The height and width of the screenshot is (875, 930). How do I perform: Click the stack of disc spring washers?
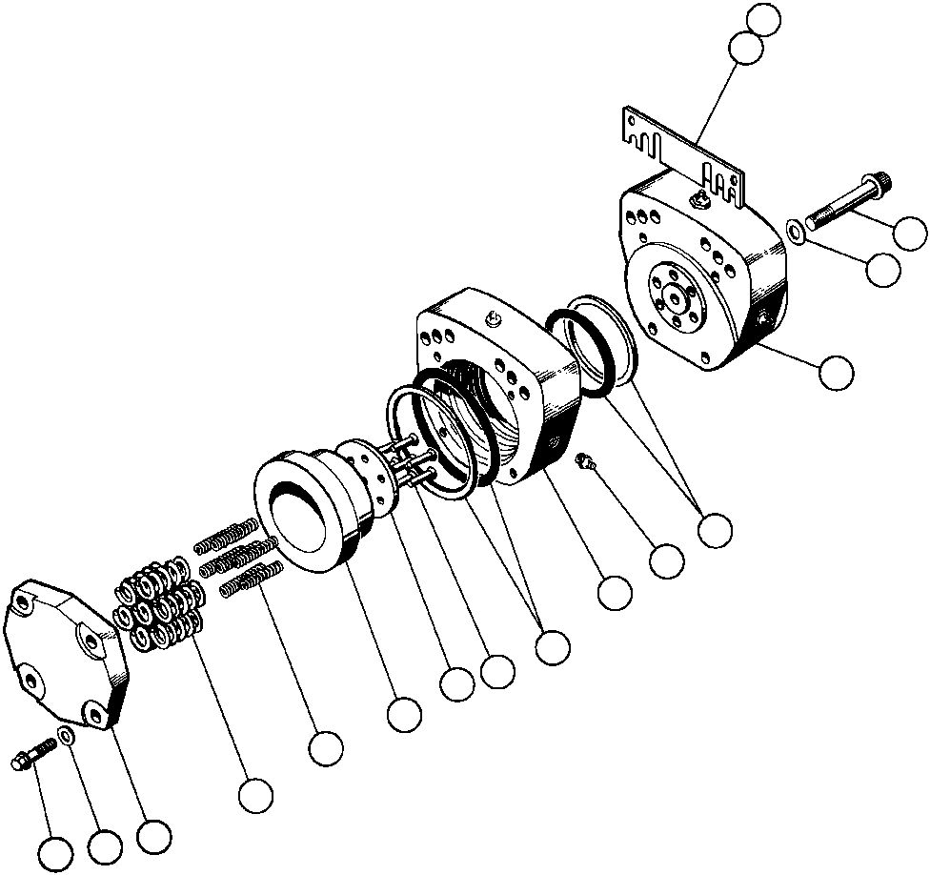pos(160,607)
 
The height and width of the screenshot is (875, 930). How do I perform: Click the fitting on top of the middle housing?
pos(494,318)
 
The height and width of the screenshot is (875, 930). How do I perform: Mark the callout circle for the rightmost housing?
pos(837,371)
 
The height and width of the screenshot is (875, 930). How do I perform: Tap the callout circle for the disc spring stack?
pos(255,795)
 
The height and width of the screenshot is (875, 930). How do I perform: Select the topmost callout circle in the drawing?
pos(764,18)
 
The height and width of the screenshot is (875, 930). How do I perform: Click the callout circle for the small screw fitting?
pos(666,560)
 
